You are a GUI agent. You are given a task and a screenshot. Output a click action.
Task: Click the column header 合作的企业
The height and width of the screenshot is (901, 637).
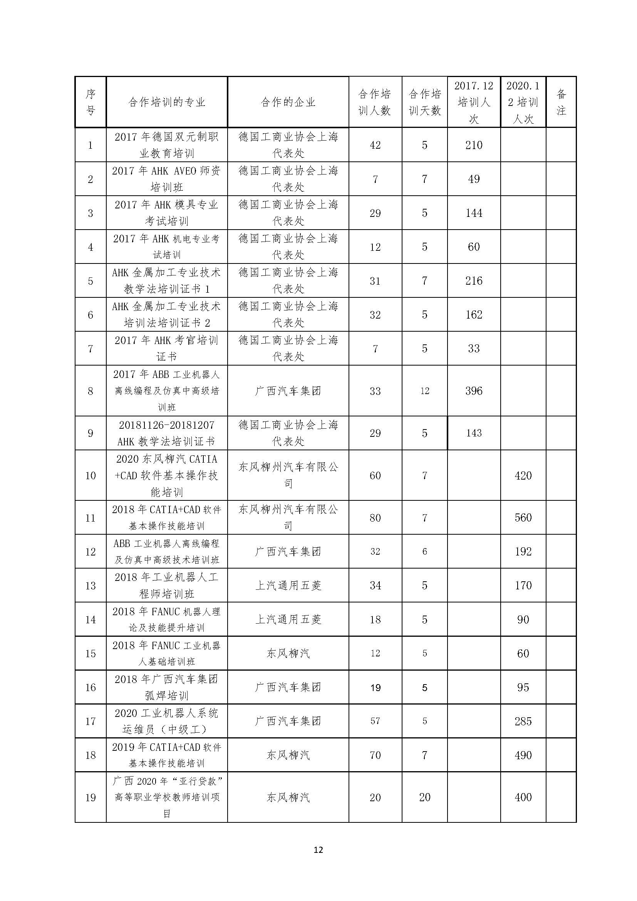288,102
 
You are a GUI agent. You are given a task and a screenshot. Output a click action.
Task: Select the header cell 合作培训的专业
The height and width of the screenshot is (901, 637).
167,102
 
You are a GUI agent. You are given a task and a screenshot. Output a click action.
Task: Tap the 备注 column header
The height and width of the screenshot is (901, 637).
561,102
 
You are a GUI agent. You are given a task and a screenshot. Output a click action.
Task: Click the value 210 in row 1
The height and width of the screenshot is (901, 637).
473,145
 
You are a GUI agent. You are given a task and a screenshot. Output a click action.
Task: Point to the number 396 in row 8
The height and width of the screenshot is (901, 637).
473,391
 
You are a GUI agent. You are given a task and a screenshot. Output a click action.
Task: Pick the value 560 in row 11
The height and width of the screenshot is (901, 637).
523,518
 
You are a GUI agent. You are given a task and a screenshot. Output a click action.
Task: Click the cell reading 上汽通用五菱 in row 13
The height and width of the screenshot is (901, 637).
288,586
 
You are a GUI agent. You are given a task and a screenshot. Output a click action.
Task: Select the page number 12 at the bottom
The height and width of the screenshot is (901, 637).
318,850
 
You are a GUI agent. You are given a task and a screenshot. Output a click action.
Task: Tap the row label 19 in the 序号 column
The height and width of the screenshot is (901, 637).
90,797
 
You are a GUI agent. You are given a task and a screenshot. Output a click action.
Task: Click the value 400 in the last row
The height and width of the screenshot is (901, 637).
523,797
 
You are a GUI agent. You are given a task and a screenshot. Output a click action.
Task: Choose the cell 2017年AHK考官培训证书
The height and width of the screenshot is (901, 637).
167,349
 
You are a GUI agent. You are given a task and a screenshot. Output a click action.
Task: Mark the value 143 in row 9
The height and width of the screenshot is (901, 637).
473,433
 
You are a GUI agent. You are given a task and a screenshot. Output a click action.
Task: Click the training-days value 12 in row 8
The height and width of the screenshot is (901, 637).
424,391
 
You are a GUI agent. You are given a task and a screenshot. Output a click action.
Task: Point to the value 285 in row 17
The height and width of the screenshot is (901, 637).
523,721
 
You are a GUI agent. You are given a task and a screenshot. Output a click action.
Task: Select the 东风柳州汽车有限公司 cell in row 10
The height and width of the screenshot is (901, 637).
288,475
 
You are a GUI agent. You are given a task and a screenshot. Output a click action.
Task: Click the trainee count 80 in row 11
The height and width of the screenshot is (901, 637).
375,518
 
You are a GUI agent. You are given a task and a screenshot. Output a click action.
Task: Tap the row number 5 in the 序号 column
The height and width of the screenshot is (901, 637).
90,281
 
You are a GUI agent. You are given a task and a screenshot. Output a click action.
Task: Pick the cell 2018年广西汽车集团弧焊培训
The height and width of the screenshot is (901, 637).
167,687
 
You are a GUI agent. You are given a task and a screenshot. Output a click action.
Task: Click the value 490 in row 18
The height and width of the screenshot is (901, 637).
523,755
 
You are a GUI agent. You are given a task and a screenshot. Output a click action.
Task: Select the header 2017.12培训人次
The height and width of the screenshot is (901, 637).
473,102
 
